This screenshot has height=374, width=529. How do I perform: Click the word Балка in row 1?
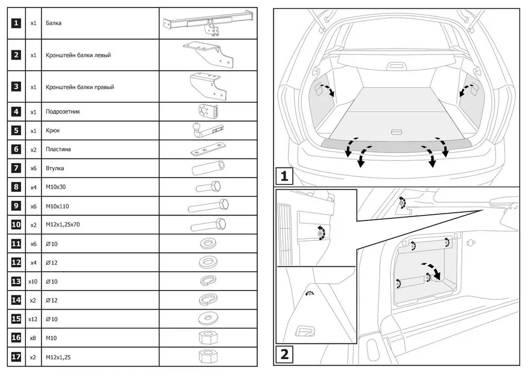(53, 23)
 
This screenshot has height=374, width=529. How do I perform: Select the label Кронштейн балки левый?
(78, 55)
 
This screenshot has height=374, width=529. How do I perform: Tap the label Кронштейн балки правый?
(80, 87)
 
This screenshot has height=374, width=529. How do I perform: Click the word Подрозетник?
(63, 112)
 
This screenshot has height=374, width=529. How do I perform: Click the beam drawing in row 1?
(208, 23)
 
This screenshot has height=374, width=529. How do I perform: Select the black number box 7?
(16, 168)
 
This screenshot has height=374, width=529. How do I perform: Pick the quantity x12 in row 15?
(33, 319)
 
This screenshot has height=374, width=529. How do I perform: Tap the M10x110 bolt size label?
(59, 206)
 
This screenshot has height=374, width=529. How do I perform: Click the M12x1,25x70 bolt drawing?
(208, 225)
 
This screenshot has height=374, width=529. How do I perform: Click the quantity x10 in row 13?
(33, 282)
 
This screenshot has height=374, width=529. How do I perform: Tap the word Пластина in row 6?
(58, 149)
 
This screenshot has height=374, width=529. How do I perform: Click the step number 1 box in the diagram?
(285, 175)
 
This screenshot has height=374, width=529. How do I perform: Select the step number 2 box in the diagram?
(285, 354)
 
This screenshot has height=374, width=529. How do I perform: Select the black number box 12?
(16, 263)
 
